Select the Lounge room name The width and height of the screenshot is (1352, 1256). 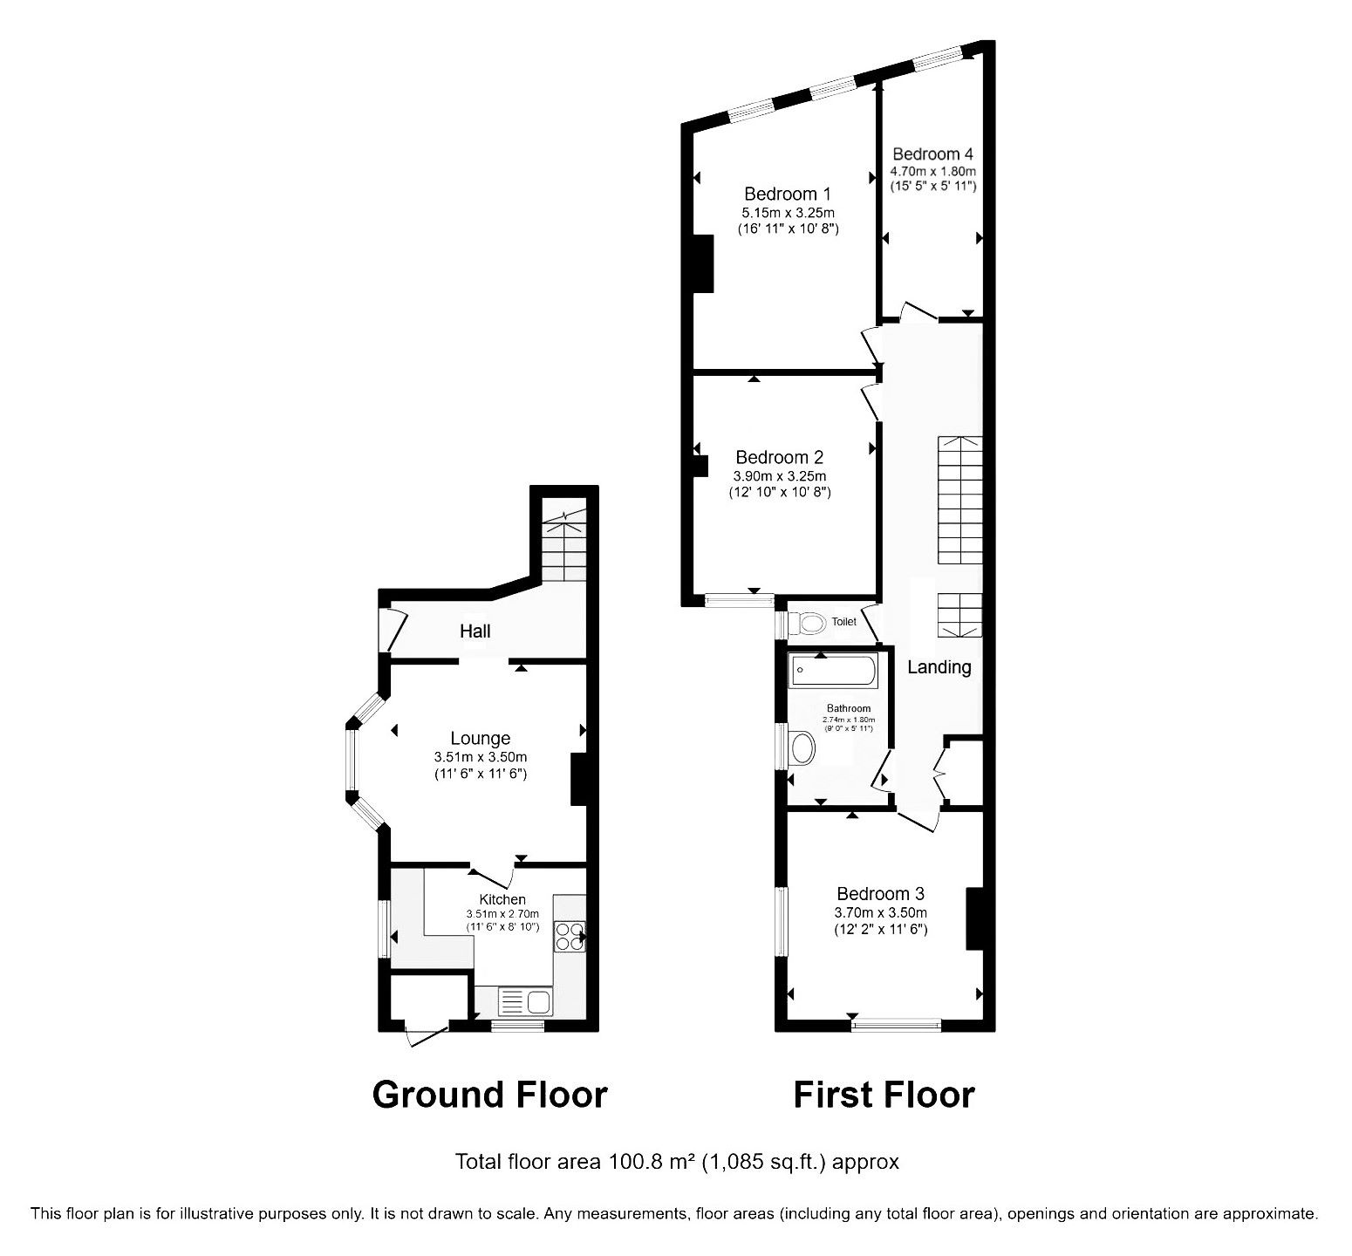pyautogui.click(x=480, y=739)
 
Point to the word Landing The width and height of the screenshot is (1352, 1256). pyautogui.click(x=939, y=667)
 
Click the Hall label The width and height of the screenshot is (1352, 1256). pyautogui.click(x=475, y=631)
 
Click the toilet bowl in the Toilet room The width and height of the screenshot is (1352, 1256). pyautogui.click(x=807, y=623)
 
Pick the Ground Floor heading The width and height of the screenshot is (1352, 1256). pyautogui.click(x=489, y=1094)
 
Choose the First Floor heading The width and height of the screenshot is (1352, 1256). pyautogui.click(x=884, y=1094)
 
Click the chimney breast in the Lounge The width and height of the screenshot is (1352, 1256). pyautogui.click(x=577, y=779)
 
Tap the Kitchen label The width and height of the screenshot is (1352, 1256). pyautogui.click(x=502, y=899)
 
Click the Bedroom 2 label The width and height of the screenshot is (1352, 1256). pyautogui.click(x=779, y=457)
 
